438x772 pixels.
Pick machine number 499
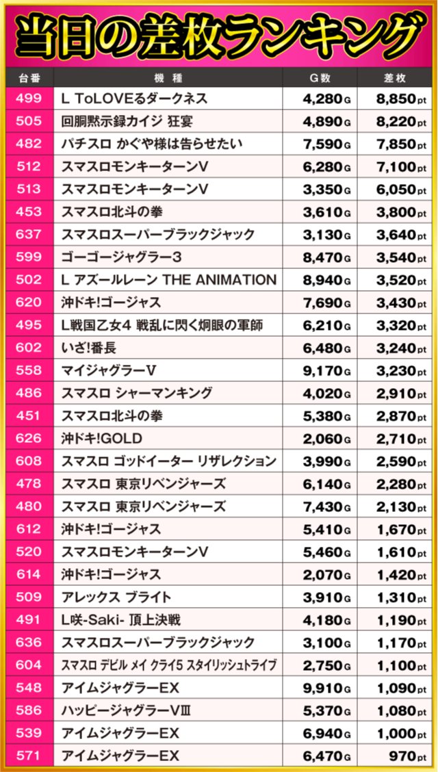[28, 99]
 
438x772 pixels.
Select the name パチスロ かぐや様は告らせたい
[152, 144]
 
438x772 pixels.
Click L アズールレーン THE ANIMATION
[168, 280]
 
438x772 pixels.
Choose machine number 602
[28, 348]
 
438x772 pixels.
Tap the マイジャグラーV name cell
[109, 370]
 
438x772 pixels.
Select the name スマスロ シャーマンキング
[136, 393]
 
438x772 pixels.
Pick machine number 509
[28, 597]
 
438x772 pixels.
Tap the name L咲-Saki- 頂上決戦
[120, 619]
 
